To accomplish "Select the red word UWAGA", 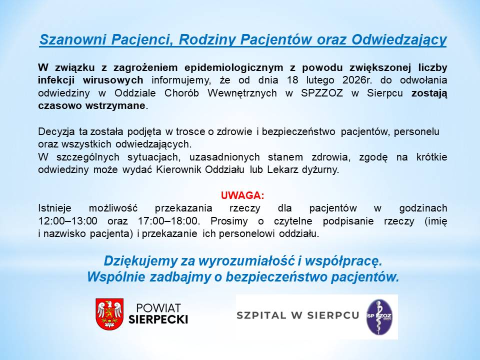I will click(242, 195).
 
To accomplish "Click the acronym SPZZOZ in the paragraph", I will click(322, 93).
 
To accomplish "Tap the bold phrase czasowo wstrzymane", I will click(92, 105).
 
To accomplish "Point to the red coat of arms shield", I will click(109, 313).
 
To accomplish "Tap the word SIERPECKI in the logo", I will click(158, 319).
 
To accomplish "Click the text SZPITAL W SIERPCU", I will click(298, 315).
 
